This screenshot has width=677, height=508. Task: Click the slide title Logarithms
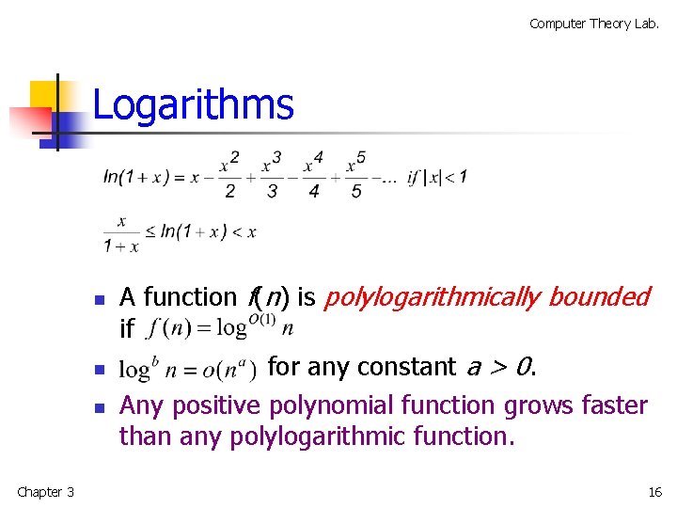click(193, 104)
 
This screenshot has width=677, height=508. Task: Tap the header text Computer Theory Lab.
click(594, 24)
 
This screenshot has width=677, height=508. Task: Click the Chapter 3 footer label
click(45, 492)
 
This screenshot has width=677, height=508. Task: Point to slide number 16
click(654, 492)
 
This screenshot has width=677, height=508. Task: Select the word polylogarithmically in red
click(432, 297)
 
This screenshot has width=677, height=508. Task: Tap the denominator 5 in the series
click(356, 192)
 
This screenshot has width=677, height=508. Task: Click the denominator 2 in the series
click(229, 192)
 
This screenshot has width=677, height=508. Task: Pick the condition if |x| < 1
click(437, 177)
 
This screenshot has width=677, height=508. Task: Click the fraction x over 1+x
click(121, 234)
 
